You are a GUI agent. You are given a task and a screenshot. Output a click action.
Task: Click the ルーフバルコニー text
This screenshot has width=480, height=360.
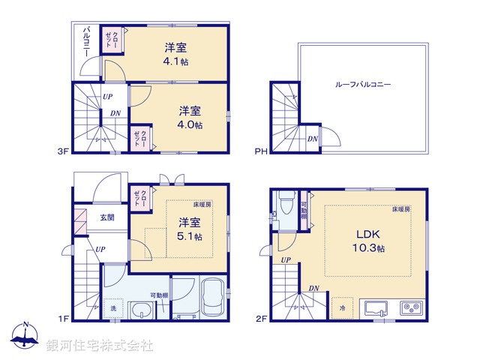363,85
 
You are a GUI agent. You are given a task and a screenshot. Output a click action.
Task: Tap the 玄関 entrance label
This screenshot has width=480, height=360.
106,218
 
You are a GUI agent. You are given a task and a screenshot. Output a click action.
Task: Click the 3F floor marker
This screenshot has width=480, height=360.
64,151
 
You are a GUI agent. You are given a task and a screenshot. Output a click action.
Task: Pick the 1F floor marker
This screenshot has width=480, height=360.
64,319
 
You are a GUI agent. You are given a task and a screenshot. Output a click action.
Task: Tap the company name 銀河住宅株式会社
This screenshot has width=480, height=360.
99,346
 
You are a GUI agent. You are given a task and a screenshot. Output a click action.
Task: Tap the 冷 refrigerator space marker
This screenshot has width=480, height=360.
341,308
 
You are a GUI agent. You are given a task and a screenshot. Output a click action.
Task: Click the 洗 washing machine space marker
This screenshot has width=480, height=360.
113,309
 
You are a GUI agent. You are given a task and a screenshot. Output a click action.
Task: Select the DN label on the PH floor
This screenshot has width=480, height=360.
313,139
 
